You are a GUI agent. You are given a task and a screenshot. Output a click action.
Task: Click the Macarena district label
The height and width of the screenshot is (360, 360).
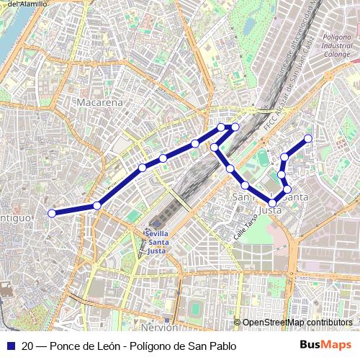(97, 103)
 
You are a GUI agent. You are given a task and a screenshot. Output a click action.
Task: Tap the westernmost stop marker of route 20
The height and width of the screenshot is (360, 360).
(52, 213)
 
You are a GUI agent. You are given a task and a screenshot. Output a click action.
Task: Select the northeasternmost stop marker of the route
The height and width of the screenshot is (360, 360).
(308, 138)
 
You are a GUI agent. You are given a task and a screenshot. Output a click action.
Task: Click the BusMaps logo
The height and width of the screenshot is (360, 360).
(326, 345)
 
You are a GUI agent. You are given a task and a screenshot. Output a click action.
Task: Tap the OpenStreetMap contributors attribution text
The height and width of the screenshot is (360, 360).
(297, 323)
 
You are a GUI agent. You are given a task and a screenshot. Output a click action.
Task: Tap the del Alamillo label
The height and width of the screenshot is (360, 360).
(27, 4)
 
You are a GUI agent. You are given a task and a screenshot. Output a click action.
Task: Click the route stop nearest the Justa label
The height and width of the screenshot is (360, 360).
(273, 203)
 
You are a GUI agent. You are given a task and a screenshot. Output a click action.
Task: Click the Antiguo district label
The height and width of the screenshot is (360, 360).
(14, 217)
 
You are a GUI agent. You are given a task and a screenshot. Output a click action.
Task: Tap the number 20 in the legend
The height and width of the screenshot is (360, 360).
(27, 346)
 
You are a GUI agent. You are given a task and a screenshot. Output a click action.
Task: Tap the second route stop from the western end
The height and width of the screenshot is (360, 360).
(96, 206)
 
